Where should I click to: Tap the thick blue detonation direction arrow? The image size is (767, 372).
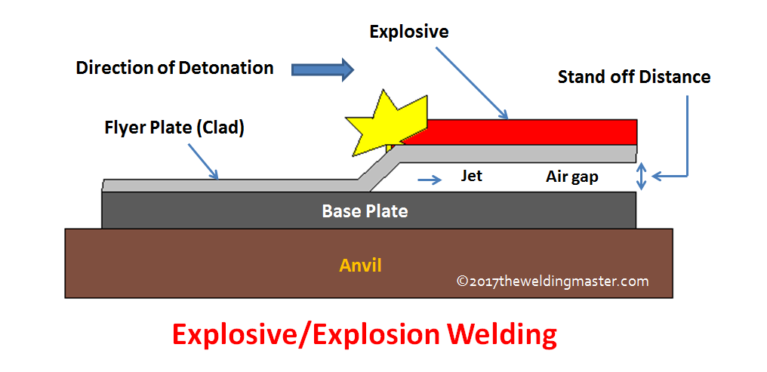click(322, 69)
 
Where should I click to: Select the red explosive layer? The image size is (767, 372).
click(519, 131)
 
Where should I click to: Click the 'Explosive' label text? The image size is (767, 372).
click(409, 32)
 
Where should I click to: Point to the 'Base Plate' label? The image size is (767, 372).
click(365, 211)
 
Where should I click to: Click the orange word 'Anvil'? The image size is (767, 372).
click(360, 266)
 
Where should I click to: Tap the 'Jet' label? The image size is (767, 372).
click(472, 176)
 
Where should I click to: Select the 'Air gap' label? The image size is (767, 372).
click(571, 177)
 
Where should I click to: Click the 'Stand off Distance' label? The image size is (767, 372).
click(634, 77)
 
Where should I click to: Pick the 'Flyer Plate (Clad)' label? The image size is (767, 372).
click(174, 128)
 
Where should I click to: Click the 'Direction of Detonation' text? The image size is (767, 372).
click(174, 67)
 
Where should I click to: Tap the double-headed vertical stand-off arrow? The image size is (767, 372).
click(642, 176)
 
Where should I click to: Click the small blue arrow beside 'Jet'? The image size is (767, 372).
click(430, 180)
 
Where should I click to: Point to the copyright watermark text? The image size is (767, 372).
click(553, 281)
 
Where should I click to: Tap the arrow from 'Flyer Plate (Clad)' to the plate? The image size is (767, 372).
click(202, 161)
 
